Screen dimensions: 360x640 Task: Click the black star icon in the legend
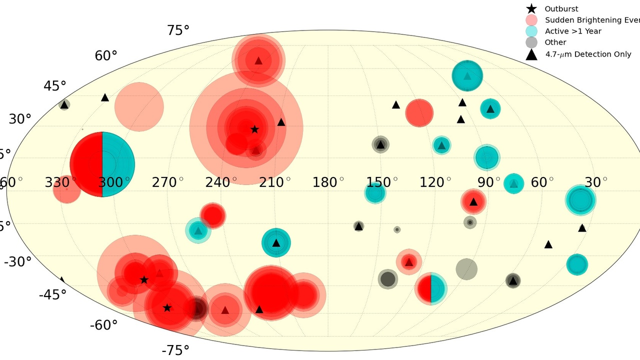(x=531, y=8)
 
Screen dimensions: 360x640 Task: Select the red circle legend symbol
(x=531, y=20)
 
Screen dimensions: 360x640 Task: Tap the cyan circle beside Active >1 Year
(x=531, y=31)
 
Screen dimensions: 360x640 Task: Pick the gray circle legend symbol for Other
(x=531, y=42)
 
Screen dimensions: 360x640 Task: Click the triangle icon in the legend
(x=531, y=54)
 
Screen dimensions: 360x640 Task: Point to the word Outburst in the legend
(x=561, y=8)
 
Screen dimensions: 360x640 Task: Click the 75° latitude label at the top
(x=178, y=30)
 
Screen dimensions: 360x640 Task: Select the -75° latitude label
(x=175, y=350)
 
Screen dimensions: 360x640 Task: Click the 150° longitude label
(x=382, y=182)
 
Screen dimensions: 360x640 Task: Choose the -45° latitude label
(x=52, y=294)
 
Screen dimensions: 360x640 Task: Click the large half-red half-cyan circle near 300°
(x=102, y=164)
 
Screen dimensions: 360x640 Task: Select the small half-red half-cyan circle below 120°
(x=430, y=288)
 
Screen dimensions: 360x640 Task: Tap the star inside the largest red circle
(x=254, y=129)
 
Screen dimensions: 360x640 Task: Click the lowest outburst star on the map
(x=167, y=307)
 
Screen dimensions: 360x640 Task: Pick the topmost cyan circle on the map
(x=467, y=76)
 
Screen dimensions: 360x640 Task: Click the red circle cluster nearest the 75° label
(x=258, y=59)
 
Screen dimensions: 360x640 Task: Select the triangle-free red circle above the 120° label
(x=419, y=113)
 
